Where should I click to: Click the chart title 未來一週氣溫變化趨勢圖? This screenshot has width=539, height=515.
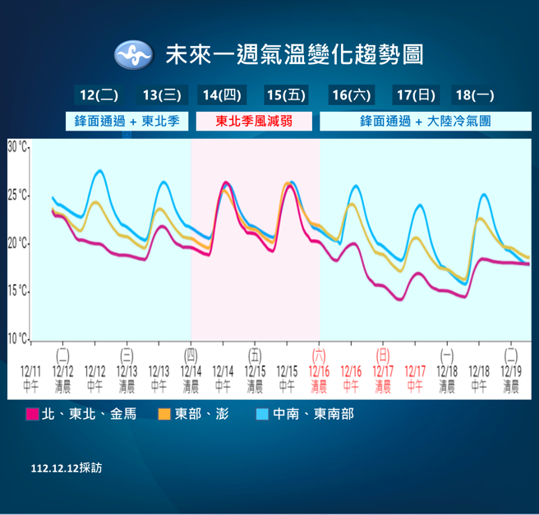pos(294,56)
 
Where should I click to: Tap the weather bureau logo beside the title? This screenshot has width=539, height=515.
pos(133,56)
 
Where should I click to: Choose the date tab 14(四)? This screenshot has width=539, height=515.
pos(221,95)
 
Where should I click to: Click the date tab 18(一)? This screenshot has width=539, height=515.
pos(474,95)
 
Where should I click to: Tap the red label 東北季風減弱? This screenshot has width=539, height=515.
pos(253,122)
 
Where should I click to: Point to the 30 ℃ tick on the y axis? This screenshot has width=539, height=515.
pos(18,147)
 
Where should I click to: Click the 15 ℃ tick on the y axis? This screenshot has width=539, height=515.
pos(18,292)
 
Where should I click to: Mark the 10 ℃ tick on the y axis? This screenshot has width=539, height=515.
pos(18,338)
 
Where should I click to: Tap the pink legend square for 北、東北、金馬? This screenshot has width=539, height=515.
pos(33,414)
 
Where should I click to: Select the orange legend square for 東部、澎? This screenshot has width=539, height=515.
pos(164,414)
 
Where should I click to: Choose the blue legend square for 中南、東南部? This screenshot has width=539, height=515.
pos(262,414)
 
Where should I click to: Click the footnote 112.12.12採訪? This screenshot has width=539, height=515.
pos(67,467)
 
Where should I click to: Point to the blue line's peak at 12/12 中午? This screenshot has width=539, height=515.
pos(99,171)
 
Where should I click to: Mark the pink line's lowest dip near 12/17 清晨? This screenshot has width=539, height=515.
pos(399,300)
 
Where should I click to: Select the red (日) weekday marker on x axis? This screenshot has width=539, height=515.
pos(383,355)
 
